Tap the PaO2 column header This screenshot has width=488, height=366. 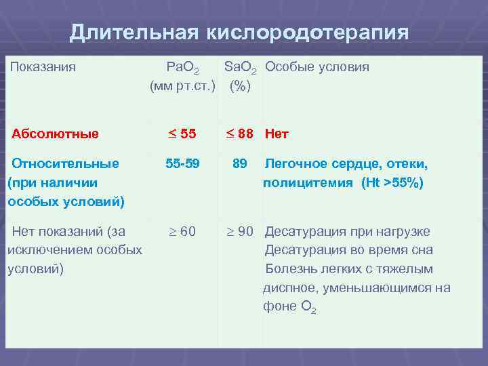(182, 68)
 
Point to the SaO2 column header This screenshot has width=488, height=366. (240, 68)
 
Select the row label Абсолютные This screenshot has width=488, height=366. (55, 134)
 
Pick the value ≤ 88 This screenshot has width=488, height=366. (239, 134)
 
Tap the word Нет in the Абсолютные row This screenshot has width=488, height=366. (277, 134)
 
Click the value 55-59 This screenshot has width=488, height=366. (182, 163)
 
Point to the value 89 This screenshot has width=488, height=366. (239, 163)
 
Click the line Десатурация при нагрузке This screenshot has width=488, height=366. (347, 231)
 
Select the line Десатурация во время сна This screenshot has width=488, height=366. (348, 250)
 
